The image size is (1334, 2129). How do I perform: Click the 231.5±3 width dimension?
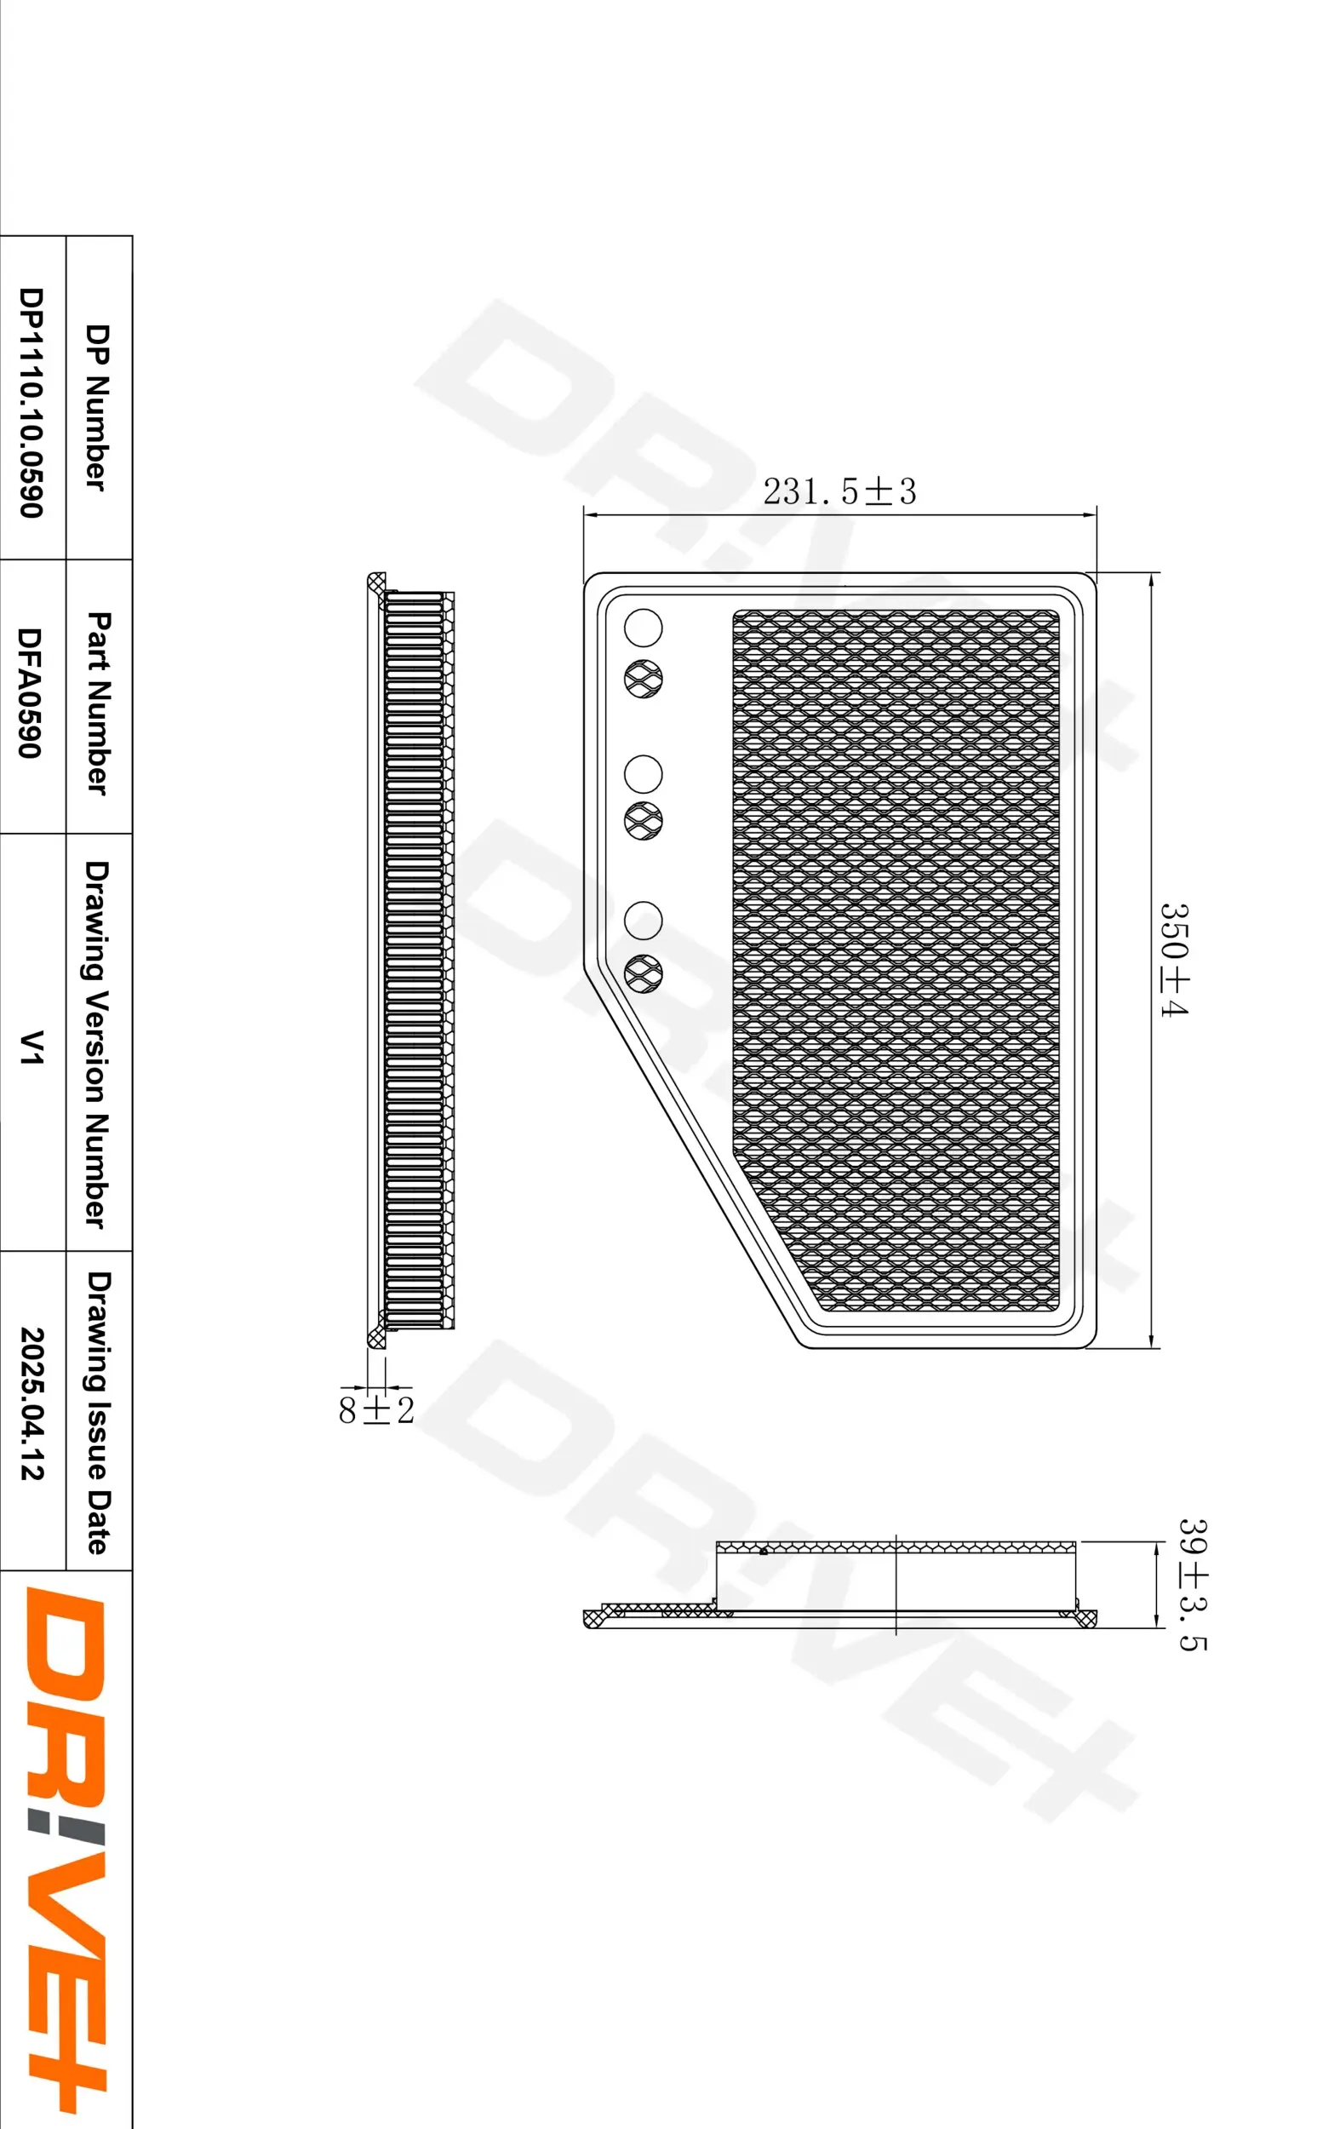pos(839,491)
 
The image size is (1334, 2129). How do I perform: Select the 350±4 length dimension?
pos(1173,959)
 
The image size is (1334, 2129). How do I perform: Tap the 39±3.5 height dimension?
pos(1193,1584)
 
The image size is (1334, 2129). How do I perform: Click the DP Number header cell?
pos(97,407)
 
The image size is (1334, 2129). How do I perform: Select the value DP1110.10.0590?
pos(31,402)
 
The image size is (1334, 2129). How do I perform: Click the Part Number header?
pos(97,703)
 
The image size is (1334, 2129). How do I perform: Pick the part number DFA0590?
pos(31,692)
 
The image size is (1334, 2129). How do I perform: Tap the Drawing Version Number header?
pos(97,1044)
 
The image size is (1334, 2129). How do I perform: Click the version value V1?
pos(31,1047)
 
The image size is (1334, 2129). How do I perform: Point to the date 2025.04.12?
pos(31,1403)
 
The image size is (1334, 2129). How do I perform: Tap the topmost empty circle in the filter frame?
pos(644,628)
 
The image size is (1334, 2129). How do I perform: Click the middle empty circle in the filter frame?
pos(644,774)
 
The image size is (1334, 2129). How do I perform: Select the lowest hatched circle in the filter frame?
pos(644,973)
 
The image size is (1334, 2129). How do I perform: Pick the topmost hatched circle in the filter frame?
pos(644,680)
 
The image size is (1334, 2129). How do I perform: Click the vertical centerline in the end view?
pos(896,1585)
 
